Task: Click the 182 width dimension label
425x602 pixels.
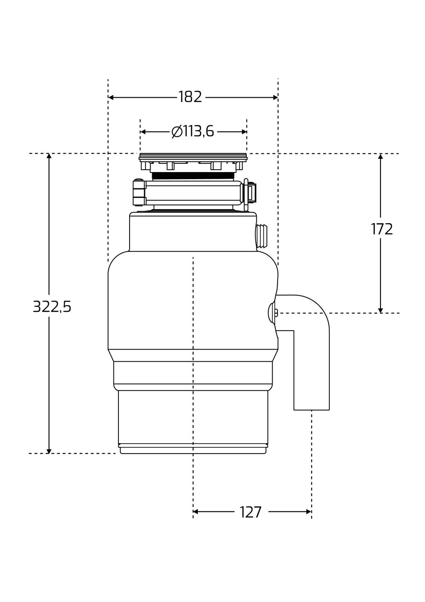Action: coord(190,97)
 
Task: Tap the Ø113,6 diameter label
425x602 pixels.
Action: coord(193,132)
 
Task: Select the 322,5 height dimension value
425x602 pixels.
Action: coord(52,307)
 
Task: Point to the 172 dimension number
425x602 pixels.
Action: coord(382,229)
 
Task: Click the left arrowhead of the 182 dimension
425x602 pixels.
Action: coord(111,97)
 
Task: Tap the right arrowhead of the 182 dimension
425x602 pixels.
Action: coord(275,97)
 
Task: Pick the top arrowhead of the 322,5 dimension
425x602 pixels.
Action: coord(49,156)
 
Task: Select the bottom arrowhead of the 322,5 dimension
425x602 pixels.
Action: coord(49,451)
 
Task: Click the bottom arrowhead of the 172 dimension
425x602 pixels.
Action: coord(381,311)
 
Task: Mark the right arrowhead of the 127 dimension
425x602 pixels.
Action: coord(309,512)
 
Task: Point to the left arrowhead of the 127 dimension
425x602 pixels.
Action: coord(196,512)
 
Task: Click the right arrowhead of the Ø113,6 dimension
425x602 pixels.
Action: coord(244,132)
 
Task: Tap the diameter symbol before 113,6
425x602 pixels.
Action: coord(177,132)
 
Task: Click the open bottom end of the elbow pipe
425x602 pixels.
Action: coord(312,410)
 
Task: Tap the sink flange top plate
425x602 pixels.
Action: coord(193,157)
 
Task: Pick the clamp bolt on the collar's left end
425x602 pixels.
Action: coord(140,192)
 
